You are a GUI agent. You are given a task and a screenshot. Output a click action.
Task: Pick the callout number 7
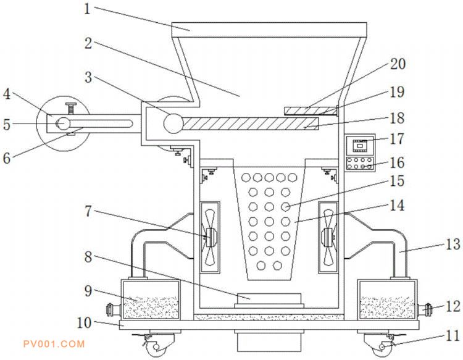[x=88, y=212]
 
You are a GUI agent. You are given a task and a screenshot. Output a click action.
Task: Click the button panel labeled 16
[x=359, y=164]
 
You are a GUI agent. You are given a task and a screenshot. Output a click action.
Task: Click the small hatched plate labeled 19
[x=311, y=111]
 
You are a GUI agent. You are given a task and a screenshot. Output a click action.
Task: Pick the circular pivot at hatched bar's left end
[x=172, y=123]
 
